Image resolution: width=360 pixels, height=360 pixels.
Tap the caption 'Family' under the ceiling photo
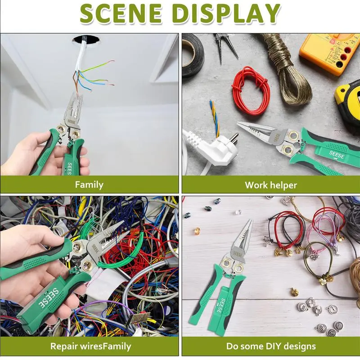(x=89, y=185)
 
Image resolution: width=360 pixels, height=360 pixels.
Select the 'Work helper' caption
(x=271, y=185)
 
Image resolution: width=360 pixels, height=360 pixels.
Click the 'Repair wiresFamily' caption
(x=90, y=346)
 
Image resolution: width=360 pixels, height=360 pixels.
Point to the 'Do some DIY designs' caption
(x=271, y=346)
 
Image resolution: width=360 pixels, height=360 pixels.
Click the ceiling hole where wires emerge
(x=86, y=40)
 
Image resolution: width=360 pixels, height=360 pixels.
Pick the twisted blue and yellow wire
(x=215, y=119)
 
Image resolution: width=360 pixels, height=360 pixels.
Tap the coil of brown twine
(x=288, y=69)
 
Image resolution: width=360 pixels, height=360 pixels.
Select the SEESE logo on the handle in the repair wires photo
(x=49, y=298)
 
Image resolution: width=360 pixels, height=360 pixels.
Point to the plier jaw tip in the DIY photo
(x=250, y=221)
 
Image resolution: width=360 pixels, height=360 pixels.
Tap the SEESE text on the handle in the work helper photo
(x=336, y=155)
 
